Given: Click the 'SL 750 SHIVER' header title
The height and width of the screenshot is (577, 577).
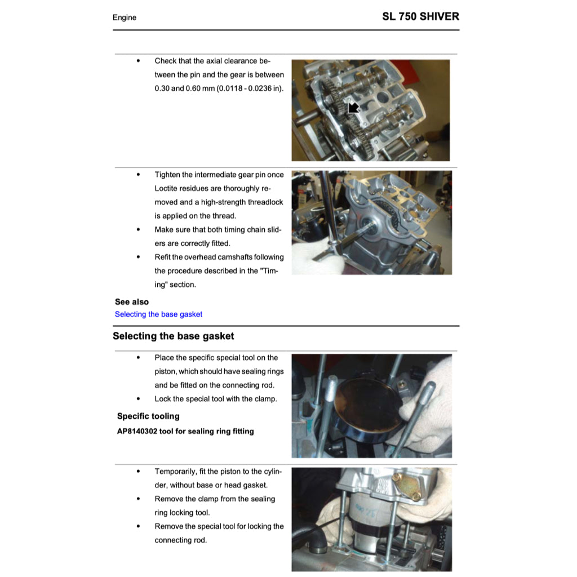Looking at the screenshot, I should pyautogui.click(x=420, y=16).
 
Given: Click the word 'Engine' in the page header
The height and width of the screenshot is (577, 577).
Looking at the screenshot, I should pyautogui.click(x=125, y=17).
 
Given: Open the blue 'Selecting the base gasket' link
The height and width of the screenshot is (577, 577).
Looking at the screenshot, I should pyautogui.click(x=158, y=314).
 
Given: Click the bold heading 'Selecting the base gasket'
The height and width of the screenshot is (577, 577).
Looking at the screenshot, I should pyautogui.click(x=173, y=336).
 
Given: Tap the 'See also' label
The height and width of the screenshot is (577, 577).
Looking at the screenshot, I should pyautogui.click(x=132, y=302).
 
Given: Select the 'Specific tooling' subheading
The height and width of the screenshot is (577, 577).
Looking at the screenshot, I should pyautogui.click(x=148, y=416).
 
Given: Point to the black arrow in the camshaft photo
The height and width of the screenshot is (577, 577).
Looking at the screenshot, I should pyautogui.click(x=353, y=107).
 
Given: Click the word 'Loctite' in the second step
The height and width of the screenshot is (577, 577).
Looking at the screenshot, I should pyautogui.click(x=168, y=189).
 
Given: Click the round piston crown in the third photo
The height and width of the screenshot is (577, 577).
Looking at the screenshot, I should pyautogui.click(x=366, y=403).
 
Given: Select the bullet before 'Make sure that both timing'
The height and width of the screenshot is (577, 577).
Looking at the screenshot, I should pyautogui.click(x=138, y=230).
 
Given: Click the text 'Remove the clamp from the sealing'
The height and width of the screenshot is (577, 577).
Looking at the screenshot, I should pyautogui.click(x=215, y=499).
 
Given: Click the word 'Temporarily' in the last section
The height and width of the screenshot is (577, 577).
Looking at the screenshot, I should pyautogui.click(x=175, y=472).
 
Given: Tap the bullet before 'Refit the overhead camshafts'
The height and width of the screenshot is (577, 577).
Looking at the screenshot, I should pyautogui.click(x=138, y=258).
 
